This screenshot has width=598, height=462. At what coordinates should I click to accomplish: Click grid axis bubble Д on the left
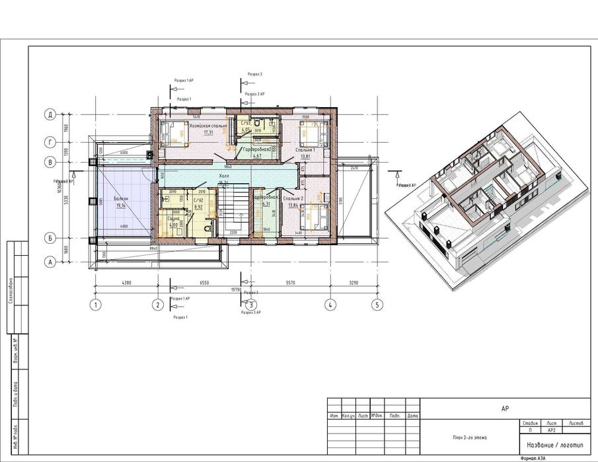click(49, 114)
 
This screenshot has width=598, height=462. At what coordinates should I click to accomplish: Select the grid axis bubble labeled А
click(49, 262)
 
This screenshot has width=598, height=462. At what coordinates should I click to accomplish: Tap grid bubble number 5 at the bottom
click(377, 305)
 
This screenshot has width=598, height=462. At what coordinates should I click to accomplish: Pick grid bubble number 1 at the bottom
click(96, 305)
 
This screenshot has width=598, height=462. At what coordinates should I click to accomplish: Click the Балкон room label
click(121, 198)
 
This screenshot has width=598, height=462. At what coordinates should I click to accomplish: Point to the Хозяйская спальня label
click(207, 125)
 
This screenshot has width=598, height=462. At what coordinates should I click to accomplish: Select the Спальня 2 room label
click(293, 198)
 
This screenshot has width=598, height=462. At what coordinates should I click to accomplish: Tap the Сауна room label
click(174, 218)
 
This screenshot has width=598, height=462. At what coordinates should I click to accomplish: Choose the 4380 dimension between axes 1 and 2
click(128, 283)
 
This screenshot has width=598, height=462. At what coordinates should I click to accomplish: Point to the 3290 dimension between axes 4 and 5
click(353, 283)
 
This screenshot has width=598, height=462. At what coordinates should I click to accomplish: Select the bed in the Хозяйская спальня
click(176, 134)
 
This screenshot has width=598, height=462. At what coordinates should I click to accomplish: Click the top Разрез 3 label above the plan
click(254, 75)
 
